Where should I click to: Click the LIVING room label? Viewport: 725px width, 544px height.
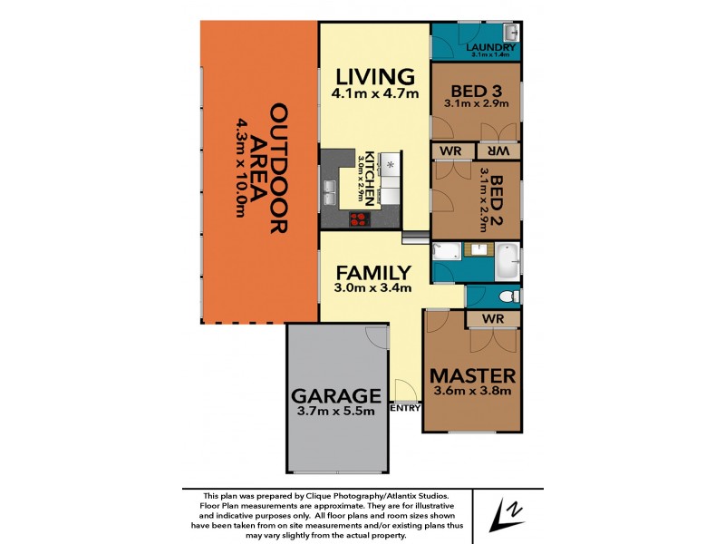374,76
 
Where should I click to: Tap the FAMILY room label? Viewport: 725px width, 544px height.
374,272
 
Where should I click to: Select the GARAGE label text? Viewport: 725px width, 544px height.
335,395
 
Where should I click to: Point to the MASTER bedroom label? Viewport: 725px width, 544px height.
472,375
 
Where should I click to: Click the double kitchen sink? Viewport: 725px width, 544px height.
329,189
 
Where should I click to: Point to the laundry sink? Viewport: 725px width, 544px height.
508,30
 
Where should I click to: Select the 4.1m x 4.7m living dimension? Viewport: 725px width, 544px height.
374,92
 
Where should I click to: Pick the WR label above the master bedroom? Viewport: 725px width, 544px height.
493,319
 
